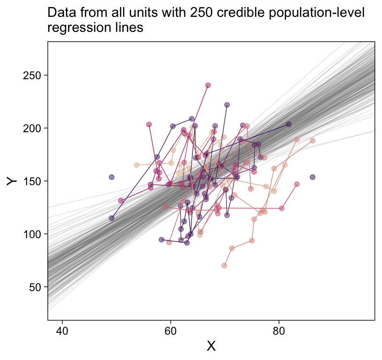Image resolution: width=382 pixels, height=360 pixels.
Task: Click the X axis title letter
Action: (211, 346)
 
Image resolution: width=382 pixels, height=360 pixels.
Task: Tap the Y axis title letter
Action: (12, 181)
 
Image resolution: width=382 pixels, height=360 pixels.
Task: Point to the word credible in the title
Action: (237, 13)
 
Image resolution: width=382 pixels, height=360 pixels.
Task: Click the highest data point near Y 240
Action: (208, 85)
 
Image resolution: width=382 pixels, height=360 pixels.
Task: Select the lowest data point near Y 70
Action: (224, 266)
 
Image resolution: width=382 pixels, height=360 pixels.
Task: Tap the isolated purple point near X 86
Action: (312, 177)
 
